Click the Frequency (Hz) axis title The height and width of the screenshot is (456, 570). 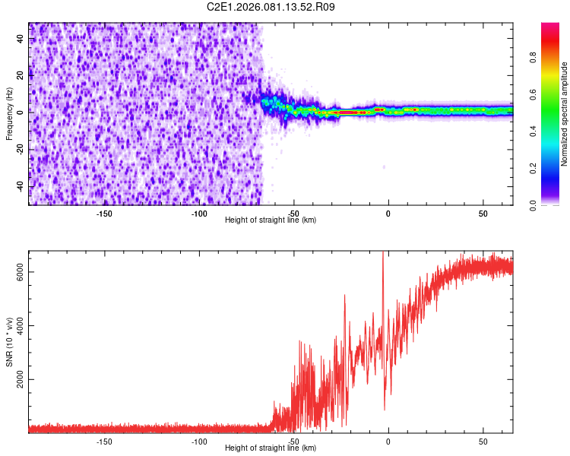click(9, 113)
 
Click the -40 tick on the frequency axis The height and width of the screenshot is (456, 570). click(19, 186)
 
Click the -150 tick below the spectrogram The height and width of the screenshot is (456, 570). click(104, 214)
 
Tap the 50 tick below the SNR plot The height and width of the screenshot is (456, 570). click(483, 442)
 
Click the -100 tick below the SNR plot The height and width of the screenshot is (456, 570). click(199, 442)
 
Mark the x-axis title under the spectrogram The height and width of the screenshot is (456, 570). click(271, 220)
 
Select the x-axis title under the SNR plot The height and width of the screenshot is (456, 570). click(271, 448)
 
